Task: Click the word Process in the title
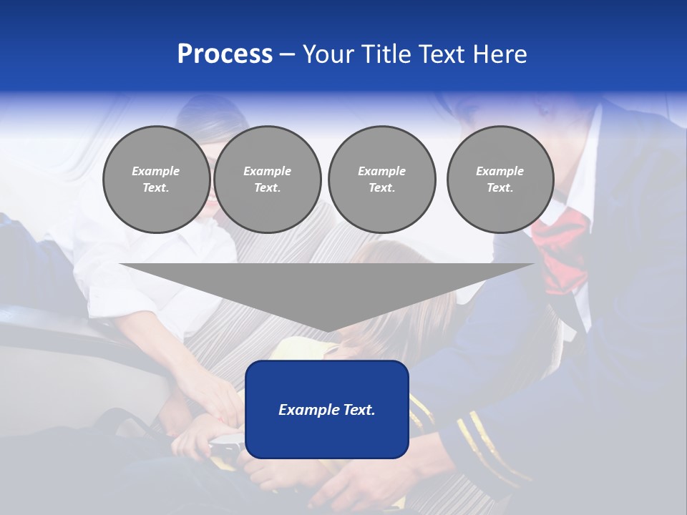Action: (225, 54)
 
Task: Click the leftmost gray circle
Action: (156, 180)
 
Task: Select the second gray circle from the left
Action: (267, 180)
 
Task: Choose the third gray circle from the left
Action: (381, 180)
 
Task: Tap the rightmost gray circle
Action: (500, 180)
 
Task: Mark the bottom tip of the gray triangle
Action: (327, 331)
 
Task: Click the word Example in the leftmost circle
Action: (156, 171)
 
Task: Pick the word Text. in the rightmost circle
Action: (500, 188)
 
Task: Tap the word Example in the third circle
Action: (381, 171)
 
